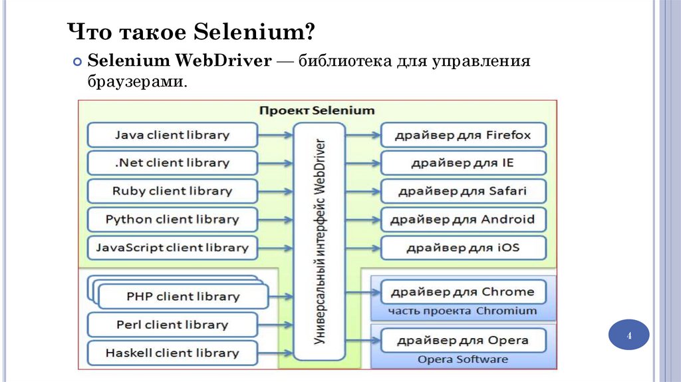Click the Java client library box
pos(172,135)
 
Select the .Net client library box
pos(172,163)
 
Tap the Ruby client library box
pos(172,191)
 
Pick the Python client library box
pos(172,219)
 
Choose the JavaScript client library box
pos(172,248)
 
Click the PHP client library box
pos(183,297)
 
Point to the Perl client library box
pos(172,325)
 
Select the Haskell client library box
pos(172,353)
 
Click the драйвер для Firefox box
pos(463,135)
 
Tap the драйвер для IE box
pos(463,163)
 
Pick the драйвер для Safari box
pos(463,191)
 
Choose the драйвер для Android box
pos(463,219)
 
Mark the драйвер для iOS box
pos(463,248)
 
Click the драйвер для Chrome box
pos(463,291)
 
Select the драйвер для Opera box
pos(463,340)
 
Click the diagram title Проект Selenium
pos(317,110)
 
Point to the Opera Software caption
pos(463,359)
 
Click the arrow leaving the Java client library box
pos(275,135)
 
